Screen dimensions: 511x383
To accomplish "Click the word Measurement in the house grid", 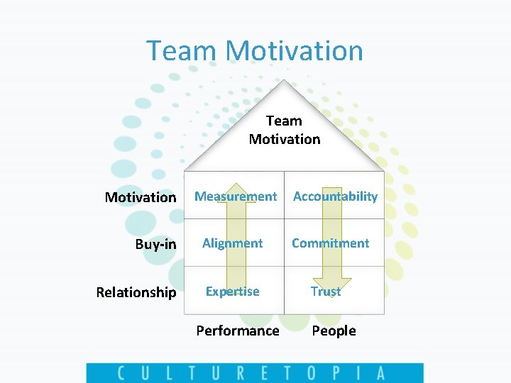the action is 236,196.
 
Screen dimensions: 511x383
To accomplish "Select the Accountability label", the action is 335,196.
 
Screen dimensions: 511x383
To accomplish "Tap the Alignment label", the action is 232,243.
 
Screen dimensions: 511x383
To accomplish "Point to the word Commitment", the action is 330,243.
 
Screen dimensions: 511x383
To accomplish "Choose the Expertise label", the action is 232,292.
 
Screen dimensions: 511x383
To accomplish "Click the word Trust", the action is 326,292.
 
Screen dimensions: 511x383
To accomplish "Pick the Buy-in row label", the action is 155,245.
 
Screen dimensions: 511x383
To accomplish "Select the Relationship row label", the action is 136,292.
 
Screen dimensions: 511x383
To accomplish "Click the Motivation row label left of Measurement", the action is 141,197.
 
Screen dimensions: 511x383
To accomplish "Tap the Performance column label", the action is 238,331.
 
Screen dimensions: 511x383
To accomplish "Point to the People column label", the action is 334,331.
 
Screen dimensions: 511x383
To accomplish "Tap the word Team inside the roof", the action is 284,121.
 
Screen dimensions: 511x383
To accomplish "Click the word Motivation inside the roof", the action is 285,139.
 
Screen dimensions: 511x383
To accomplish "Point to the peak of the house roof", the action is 285,81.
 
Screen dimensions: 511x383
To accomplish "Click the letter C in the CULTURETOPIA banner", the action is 123,373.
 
